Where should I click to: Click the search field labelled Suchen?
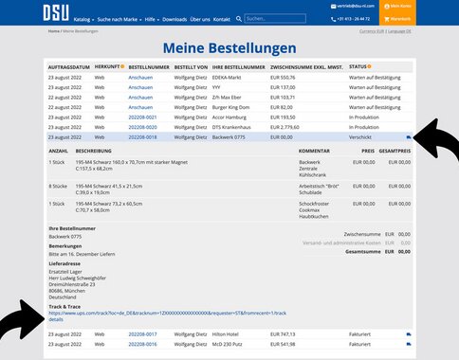coord(277,18)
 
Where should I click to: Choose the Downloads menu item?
coord(174,18)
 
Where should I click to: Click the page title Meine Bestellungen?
coord(229,48)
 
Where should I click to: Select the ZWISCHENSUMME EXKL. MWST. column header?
coord(305,67)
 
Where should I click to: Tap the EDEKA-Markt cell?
coord(229,77)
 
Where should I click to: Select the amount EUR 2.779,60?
coord(285,127)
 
